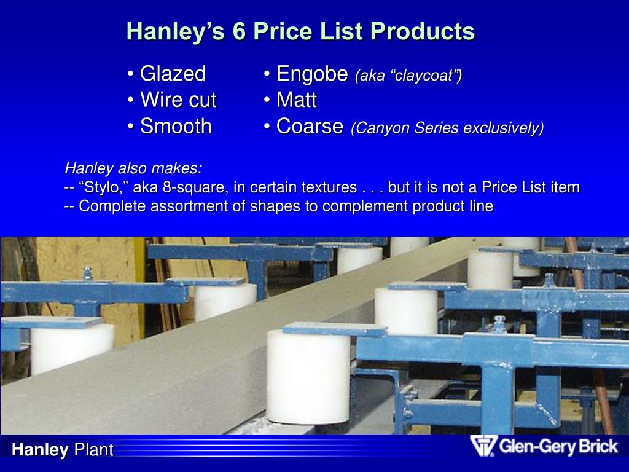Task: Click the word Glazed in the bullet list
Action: click(x=173, y=74)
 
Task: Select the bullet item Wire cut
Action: click(x=178, y=100)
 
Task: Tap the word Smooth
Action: click(x=176, y=127)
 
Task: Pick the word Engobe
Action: click(x=312, y=74)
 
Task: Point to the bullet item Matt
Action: click(x=296, y=100)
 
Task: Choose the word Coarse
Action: click(x=310, y=127)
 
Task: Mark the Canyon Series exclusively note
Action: click(x=447, y=128)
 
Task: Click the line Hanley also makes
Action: click(x=133, y=168)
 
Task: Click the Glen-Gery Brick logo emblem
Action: click(x=483, y=446)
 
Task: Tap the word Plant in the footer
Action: click(x=94, y=450)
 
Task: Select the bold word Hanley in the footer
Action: click(x=40, y=450)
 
